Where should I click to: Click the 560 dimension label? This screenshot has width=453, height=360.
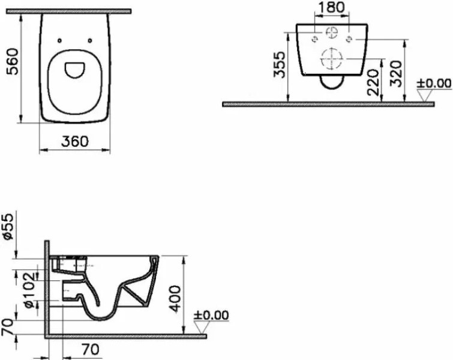(x=13, y=62)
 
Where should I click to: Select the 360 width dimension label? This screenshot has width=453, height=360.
(x=75, y=141)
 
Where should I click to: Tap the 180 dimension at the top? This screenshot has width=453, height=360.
(x=331, y=8)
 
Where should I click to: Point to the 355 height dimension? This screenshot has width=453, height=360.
(x=280, y=65)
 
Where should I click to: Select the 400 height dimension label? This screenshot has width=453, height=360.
(x=175, y=299)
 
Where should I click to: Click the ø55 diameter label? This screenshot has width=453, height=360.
(x=8, y=226)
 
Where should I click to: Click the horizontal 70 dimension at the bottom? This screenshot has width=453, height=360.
(x=91, y=350)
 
